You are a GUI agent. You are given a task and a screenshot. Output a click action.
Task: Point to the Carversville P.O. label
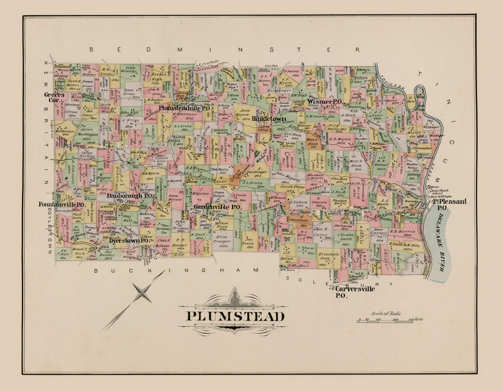coord(355,292)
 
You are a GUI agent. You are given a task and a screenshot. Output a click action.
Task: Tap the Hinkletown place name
coord(269,119)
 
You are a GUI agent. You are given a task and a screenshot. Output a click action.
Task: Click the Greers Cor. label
coord(54,97)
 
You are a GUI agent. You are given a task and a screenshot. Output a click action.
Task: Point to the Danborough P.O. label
coord(129,196)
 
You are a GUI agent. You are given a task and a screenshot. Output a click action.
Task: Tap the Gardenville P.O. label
coord(218,207)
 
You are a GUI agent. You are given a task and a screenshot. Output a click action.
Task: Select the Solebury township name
coord(341,281)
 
